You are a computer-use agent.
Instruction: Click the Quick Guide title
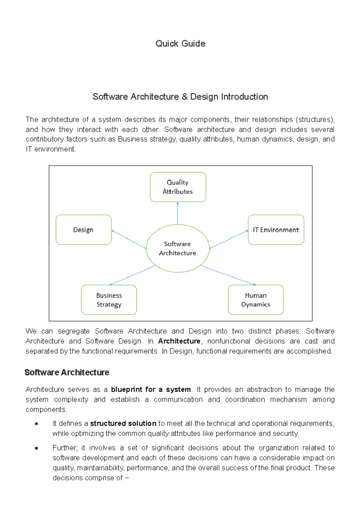[180, 44]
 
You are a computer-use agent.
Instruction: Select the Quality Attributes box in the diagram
[178, 187]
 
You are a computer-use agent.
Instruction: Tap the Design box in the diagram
[83, 230]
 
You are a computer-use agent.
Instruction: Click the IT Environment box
[276, 230]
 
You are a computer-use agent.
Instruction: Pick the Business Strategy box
[109, 300]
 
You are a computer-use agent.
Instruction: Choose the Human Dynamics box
[256, 300]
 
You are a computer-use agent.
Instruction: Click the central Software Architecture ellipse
[178, 249]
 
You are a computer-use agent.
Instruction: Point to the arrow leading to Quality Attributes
[178, 213]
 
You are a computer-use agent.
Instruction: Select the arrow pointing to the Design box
[129, 239]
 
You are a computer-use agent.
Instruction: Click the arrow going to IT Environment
[229, 239]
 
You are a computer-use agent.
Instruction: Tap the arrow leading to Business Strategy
[132, 275]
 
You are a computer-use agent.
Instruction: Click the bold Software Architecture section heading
[67, 373]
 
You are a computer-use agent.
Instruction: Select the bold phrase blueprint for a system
[151, 389]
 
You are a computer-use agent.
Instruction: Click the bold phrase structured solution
[123, 424]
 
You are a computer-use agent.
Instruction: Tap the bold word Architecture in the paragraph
[179, 341]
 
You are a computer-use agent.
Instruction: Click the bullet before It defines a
[37, 424]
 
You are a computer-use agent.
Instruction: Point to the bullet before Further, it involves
[37, 448]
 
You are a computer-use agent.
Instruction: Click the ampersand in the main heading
[184, 97]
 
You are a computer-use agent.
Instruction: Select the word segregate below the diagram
[73, 331]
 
